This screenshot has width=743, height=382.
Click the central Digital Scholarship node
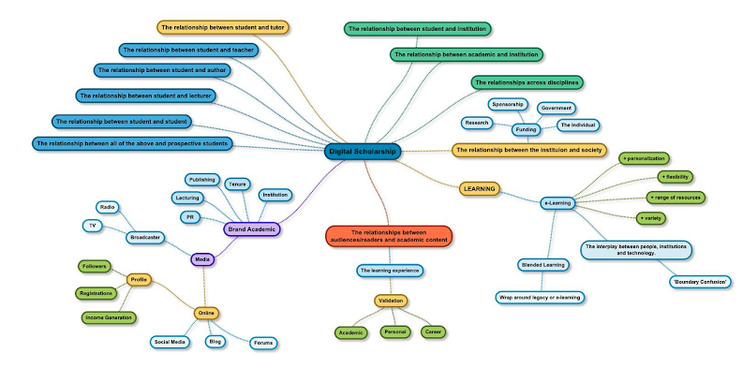[x=363, y=151]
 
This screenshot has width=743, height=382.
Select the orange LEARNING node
[x=479, y=188]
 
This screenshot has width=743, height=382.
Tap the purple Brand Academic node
[x=252, y=228]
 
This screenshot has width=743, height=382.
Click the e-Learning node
[x=557, y=202]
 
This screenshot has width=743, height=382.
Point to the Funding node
[x=525, y=129]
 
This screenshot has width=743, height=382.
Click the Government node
[x=557, y=108]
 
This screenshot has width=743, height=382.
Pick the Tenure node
[x=238, y=184]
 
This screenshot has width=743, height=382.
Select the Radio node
[x=108, y=207]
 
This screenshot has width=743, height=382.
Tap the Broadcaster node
[x=145, y=238]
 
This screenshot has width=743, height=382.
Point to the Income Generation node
[x=110, y=317]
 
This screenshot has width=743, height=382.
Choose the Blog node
[x=215, y=342]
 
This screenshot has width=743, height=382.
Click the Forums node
[x=263, y=343]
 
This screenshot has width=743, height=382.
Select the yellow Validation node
[x=391, y=301]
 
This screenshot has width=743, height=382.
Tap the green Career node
[x=433, y=332]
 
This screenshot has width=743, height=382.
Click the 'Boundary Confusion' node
[x=700, y=281]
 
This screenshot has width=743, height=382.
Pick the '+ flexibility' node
[x=675, y=176]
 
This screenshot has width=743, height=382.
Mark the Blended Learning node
[x=543, y=265]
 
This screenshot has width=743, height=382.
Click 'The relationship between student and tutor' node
[x=224, y=28]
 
